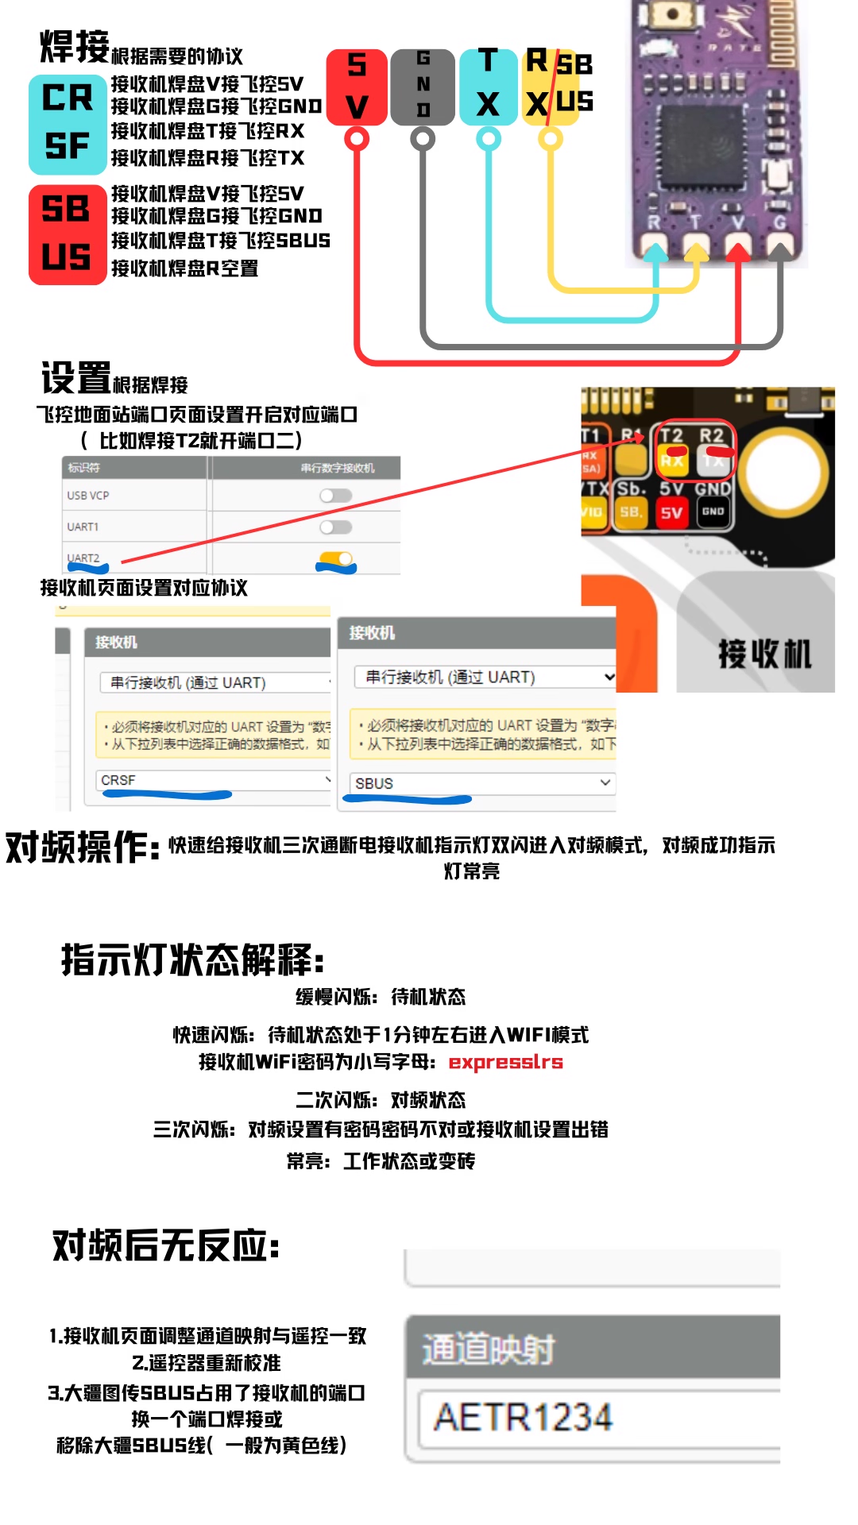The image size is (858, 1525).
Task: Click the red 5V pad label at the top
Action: click(357, 86)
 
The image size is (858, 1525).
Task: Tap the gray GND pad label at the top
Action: click(423, 86)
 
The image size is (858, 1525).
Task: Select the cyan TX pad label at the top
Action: click(488, 86)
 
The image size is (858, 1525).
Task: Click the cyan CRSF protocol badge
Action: click(68, 124)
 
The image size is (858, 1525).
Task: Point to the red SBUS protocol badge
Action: click(68, 234)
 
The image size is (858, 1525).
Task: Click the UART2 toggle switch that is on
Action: click(336, 559)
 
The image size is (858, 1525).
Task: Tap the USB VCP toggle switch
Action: click(335, 496)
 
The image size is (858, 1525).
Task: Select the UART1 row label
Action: click(83, 527)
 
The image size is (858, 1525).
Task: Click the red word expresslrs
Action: click(505, 1062)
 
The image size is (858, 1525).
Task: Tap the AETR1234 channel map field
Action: click(596, 1418)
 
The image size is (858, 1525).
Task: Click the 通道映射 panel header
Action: click(592, 1349)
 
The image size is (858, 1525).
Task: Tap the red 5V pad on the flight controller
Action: click(672, 513)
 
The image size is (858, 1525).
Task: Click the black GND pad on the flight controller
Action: click(713, 512)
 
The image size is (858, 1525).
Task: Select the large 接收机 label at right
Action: click(764, 654)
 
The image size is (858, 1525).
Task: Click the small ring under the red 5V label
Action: click(357, 140)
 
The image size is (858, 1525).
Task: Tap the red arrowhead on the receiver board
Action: click(738, 253)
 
